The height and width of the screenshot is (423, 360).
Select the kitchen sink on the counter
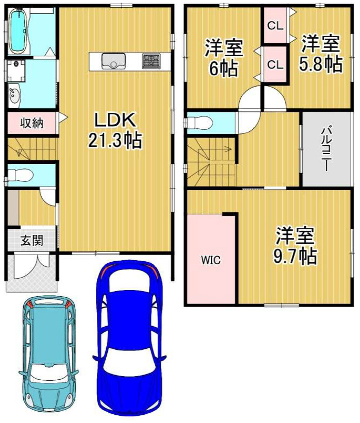tap(113, 61)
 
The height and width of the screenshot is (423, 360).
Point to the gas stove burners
tap(151, 60)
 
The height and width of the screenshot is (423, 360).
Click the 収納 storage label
tap(32, 123)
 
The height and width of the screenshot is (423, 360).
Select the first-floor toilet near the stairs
tap(20, 175)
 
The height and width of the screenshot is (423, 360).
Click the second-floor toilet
tap(199, 123)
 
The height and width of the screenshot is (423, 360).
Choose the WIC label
tap(210, 260)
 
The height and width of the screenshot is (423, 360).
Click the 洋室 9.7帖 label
tap(295, 246)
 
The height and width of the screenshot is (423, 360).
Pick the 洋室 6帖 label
tap(224, 58)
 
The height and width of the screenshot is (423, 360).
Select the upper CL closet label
tap(275, 26)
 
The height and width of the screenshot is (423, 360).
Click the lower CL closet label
tap(275, 65)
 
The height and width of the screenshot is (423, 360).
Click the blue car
tap(129, 331)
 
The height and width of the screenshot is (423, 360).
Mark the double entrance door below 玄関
tap(31, 266)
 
